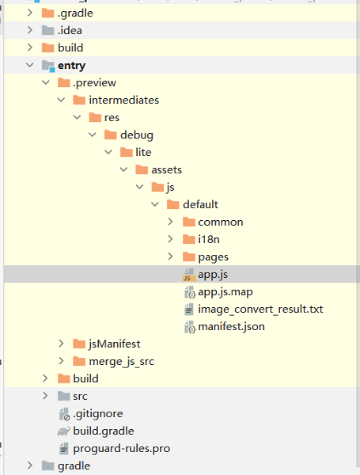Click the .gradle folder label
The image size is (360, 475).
[75, 13]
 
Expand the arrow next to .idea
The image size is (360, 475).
[30, 30]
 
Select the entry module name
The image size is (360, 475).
[72, 66]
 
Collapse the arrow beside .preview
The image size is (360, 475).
[46, 82]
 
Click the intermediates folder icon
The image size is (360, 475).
[79, 100]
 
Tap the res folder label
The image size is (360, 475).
[112, 117]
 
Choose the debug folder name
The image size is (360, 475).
[137, 135]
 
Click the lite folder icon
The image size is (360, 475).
[127, 152]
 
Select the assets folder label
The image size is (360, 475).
[166, 169]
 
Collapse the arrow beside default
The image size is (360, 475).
[155, 204]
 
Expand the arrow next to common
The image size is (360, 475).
[170, 222]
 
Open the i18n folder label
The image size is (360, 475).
[209, 239]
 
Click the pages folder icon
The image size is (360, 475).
[189, 256]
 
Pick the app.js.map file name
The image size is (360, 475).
[225, 292]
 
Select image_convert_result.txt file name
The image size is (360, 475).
[260, 310]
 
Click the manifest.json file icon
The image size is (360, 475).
[190, 327]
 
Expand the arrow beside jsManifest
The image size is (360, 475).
[61, 344]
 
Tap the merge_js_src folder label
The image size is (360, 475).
[121, 362]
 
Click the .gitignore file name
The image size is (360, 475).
[98, 414]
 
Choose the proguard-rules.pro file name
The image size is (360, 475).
[121, 449]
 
